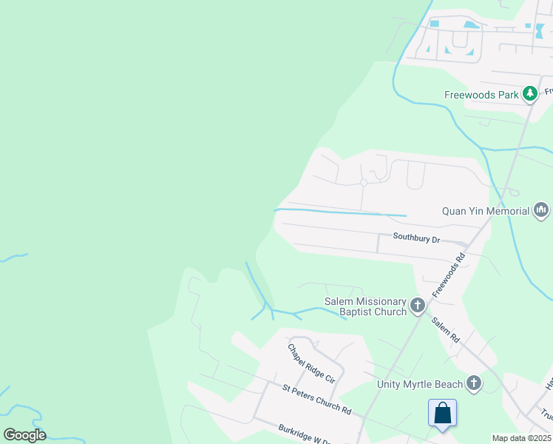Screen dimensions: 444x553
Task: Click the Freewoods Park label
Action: pos(481,94)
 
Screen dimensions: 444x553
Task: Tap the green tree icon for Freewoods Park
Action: pos(529,94)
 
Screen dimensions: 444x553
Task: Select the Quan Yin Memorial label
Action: pos(486,211)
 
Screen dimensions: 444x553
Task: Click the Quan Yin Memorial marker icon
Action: pos(541,211)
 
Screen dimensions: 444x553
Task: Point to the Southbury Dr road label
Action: pos(416,239)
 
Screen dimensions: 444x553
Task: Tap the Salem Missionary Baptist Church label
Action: pos(365,306)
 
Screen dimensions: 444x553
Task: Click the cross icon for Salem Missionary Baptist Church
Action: pos(418,305)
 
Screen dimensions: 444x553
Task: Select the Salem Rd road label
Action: pos(445,329)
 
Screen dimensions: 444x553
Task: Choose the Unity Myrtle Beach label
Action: pos(420,383)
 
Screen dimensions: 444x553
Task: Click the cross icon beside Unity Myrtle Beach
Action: pos(473,383)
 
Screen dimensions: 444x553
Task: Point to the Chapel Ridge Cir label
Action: pos(311,363)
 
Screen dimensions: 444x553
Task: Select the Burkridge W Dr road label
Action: pos(303,435)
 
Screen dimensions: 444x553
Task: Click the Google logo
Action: pos(24,435)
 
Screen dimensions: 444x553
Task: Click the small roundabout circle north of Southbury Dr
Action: pos(364,182)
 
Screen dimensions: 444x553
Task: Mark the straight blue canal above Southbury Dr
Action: pos(340,212)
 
